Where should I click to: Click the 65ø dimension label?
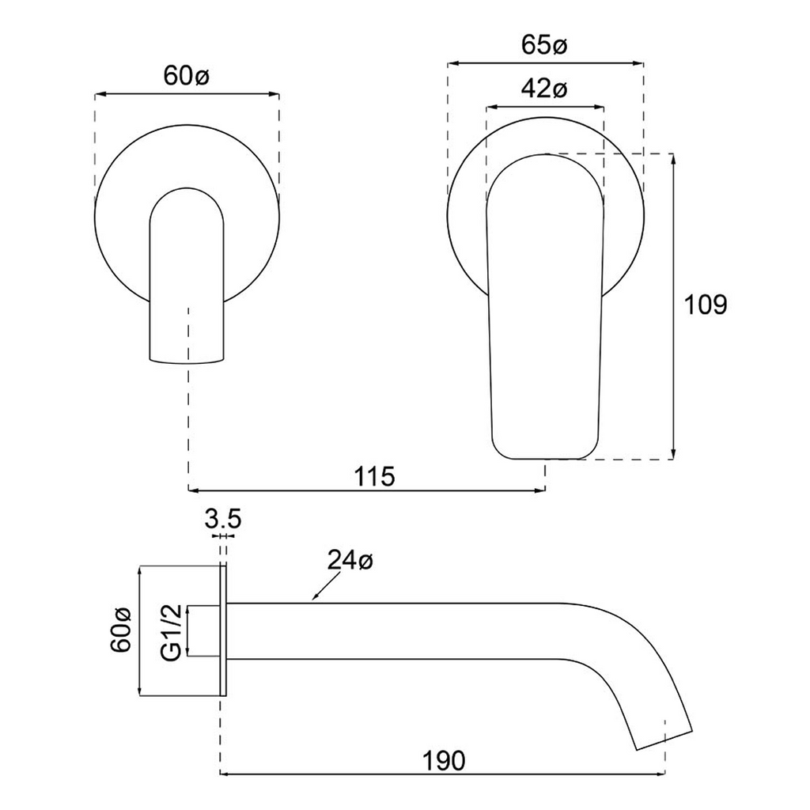(545, 46)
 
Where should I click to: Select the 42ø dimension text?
(544, 89)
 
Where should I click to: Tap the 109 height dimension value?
(704, 305)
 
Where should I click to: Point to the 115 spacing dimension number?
(373, 476)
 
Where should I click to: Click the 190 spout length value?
(442, 761)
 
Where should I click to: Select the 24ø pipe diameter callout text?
(350, 562)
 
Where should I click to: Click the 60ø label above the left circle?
(186, 76)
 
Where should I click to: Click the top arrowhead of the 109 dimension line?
(672, 158)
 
